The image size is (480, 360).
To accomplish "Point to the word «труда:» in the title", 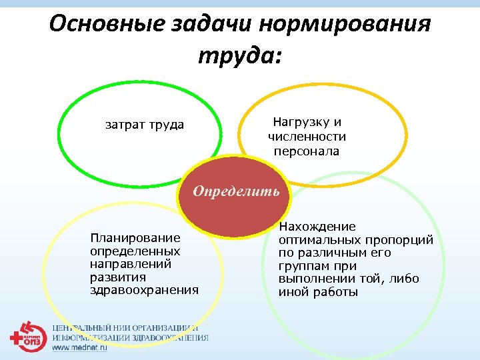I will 240,55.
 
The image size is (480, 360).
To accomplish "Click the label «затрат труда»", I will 145,125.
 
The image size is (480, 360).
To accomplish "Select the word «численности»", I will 307,137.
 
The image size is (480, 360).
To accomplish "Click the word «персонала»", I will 307,151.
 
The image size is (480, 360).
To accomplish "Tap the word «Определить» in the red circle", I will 237,191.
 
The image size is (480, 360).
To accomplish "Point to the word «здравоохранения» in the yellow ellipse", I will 144,289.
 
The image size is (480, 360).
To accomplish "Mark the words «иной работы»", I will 318,292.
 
